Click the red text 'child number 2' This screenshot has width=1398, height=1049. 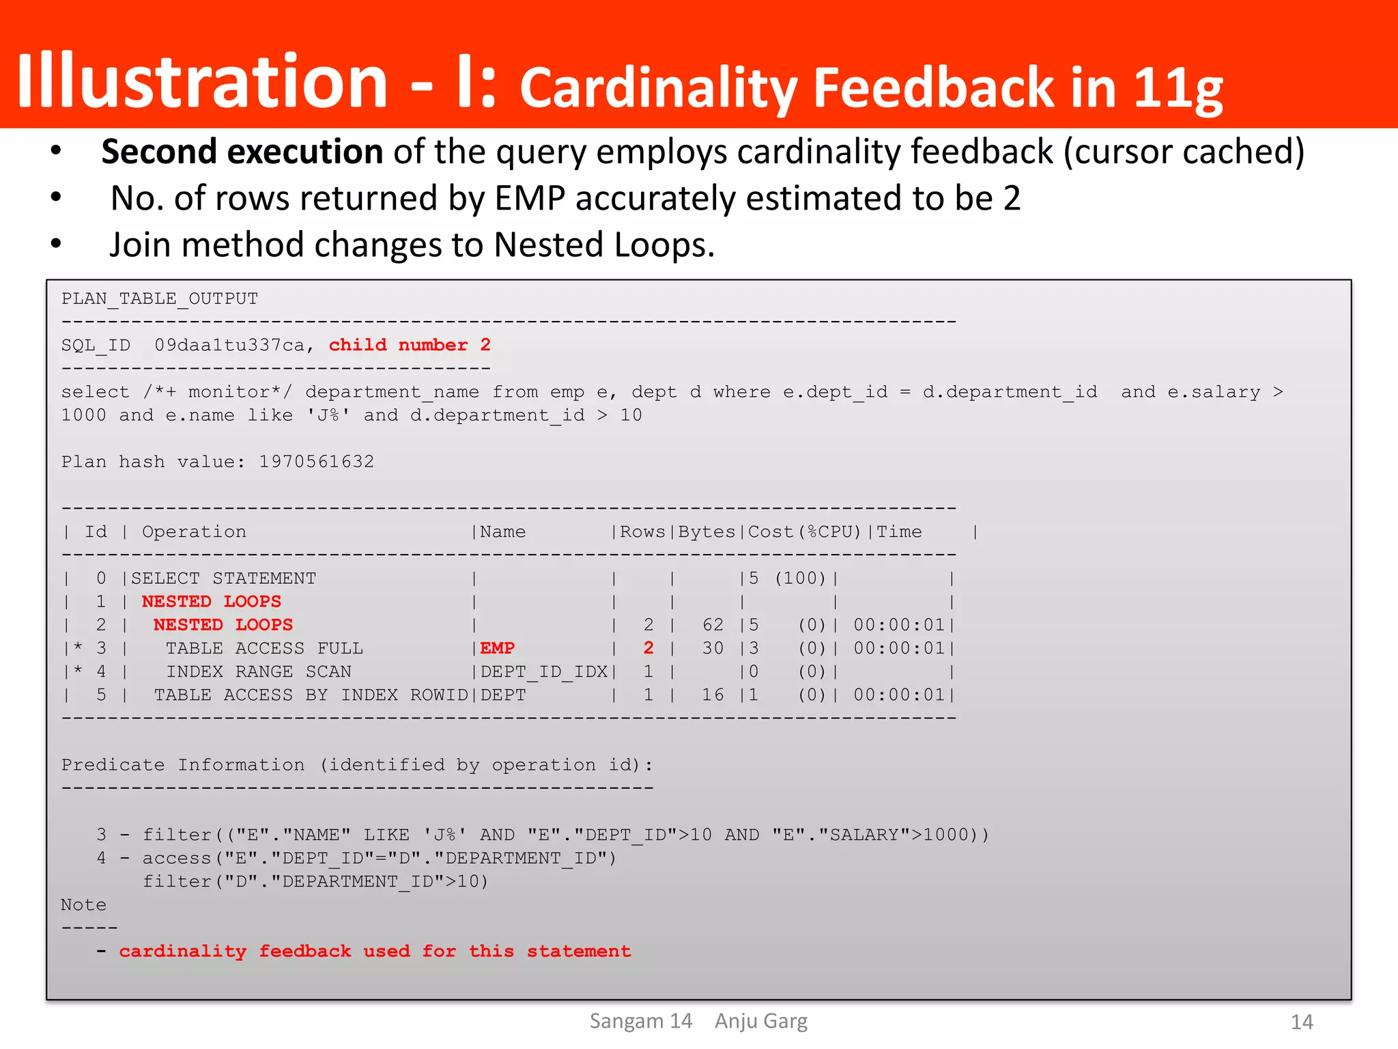click(410, 345)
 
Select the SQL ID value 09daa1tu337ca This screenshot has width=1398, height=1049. click(229, 345)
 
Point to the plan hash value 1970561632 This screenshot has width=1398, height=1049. click(316, 462)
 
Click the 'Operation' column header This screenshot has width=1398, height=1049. click(194, 531)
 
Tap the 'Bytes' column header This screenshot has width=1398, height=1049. click(707, 531)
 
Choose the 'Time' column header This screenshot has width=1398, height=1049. click(899, 531)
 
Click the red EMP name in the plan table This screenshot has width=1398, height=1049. click(497, 647)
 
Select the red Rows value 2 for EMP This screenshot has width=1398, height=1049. click(648, 647)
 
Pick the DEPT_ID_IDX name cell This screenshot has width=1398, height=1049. click(544, 671)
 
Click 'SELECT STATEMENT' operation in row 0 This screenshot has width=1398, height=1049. click(223, 578)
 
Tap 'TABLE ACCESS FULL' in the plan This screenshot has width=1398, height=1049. click(264, 647)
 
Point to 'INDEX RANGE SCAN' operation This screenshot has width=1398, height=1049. click(259, 671)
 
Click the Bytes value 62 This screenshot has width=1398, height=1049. click(713, 624)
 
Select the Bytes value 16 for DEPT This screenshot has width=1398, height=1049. click(713, 695)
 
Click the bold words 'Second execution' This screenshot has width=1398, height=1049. click(242, 152)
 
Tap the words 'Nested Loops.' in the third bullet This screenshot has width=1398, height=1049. click(604, 244)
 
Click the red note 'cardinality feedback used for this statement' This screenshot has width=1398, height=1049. click(375, 951)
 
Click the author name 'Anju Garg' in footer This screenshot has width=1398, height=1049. click(760, 1021)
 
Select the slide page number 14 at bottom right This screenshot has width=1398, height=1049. click(1302, 1022)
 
